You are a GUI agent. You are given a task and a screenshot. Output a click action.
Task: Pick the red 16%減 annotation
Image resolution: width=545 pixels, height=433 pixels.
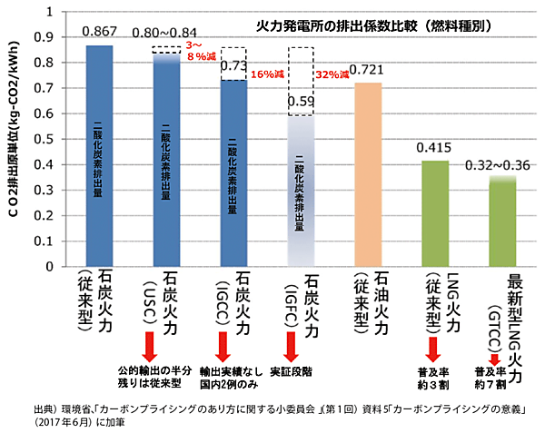pos(266,74)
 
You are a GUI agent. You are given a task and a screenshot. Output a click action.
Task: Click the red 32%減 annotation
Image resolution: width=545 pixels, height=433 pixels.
pos(332,74)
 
